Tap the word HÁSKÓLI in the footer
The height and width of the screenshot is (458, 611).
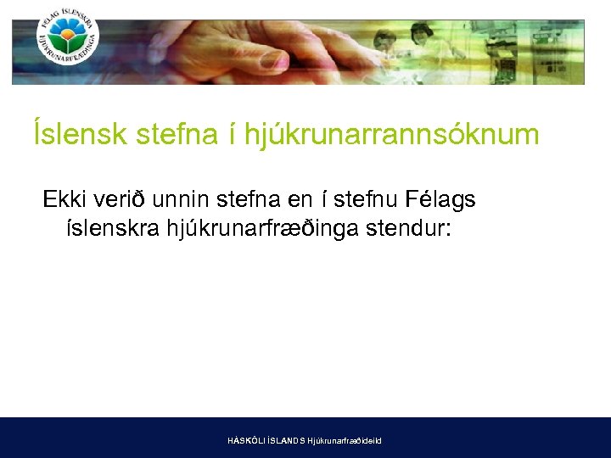(x=246, y=441)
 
